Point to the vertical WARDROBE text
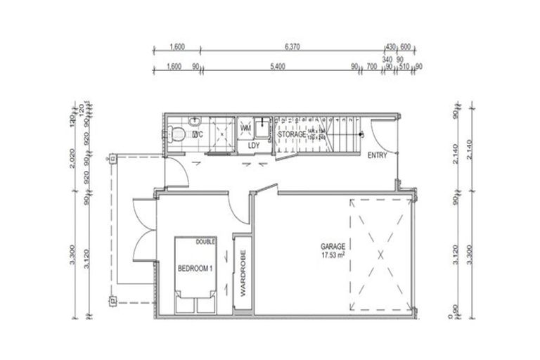pos(241,274)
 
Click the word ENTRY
pos(378,156)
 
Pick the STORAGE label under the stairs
pos(290,134)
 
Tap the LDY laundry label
pos(254,146)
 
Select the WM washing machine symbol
pos(245,129)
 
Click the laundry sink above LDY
pos(263,128)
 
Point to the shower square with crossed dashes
pos(221,134)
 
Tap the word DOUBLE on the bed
pos(206,241)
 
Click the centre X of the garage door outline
pos(380,255)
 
